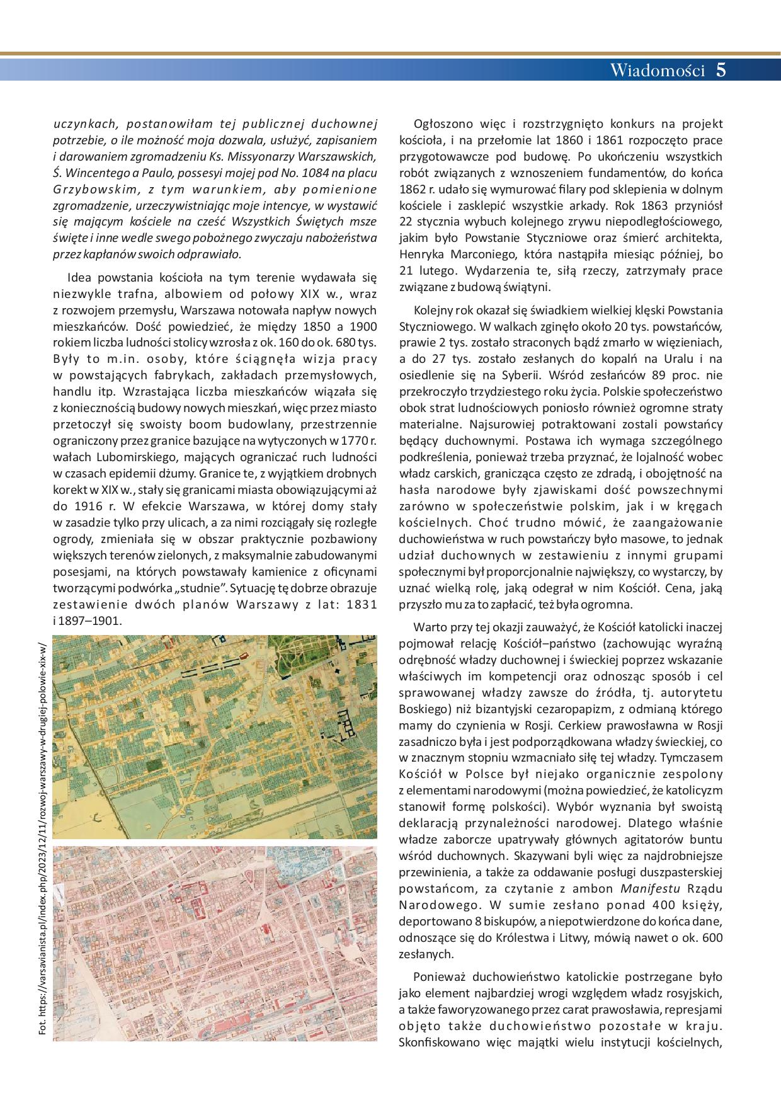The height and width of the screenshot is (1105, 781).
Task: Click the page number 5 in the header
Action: (721, 70)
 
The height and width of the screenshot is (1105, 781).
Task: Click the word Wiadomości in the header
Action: (657, 71)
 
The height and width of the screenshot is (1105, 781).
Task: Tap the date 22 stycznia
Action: (434, 222)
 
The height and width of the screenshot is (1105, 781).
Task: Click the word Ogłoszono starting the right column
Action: (441, 123)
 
